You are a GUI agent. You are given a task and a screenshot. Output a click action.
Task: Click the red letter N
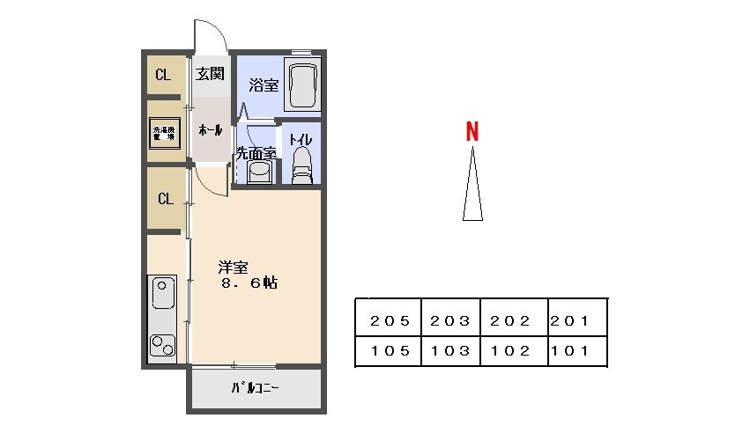tap(472, 131)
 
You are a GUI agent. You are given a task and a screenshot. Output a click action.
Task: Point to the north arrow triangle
tap(472, 187)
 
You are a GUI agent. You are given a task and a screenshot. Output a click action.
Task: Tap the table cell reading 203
tap(450, 321)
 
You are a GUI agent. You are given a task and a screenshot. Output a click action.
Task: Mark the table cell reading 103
tap(450, 350)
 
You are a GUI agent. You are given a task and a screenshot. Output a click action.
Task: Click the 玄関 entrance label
tap(210, 74)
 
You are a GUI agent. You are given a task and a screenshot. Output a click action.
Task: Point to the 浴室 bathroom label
tap(263, 85)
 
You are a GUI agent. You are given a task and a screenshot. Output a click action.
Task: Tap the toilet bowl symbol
tap(301, 165)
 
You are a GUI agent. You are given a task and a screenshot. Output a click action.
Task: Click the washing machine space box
tap(162, 133)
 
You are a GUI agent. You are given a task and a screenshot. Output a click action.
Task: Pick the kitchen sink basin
tap(163, 293)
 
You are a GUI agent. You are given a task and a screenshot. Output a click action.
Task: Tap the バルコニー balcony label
tap(256, 388)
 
